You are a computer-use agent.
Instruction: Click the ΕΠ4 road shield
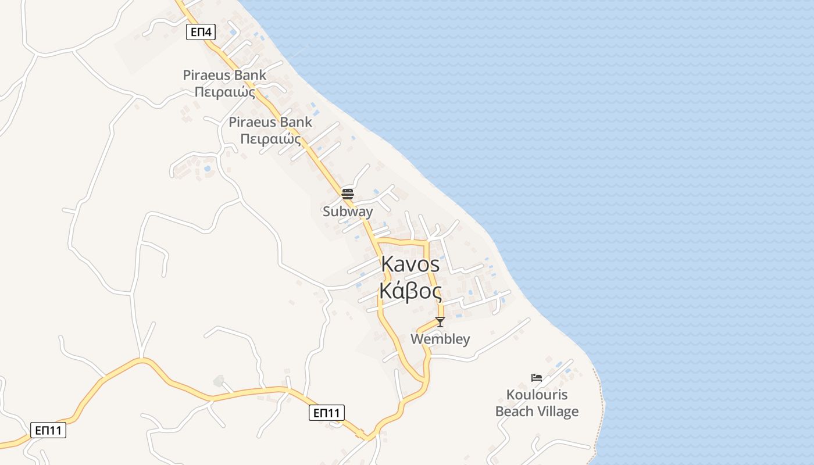[201, 32]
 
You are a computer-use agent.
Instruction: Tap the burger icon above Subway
[348, 194]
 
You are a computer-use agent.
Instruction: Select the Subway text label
[348, 212]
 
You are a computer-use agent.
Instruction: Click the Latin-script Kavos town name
[410, 264]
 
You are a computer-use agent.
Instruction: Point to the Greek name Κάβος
[410, 290]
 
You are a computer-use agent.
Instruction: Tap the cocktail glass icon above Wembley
[440, 321]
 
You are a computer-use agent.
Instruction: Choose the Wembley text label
[440, 339]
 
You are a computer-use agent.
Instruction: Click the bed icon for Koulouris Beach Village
[537, 378]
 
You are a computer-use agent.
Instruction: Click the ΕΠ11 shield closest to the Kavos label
[326, 413]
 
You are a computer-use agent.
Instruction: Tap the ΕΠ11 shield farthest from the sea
[48, 430]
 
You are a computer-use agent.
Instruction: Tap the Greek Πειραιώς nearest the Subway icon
[270, 139]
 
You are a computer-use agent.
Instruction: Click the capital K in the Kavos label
[388, 264]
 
